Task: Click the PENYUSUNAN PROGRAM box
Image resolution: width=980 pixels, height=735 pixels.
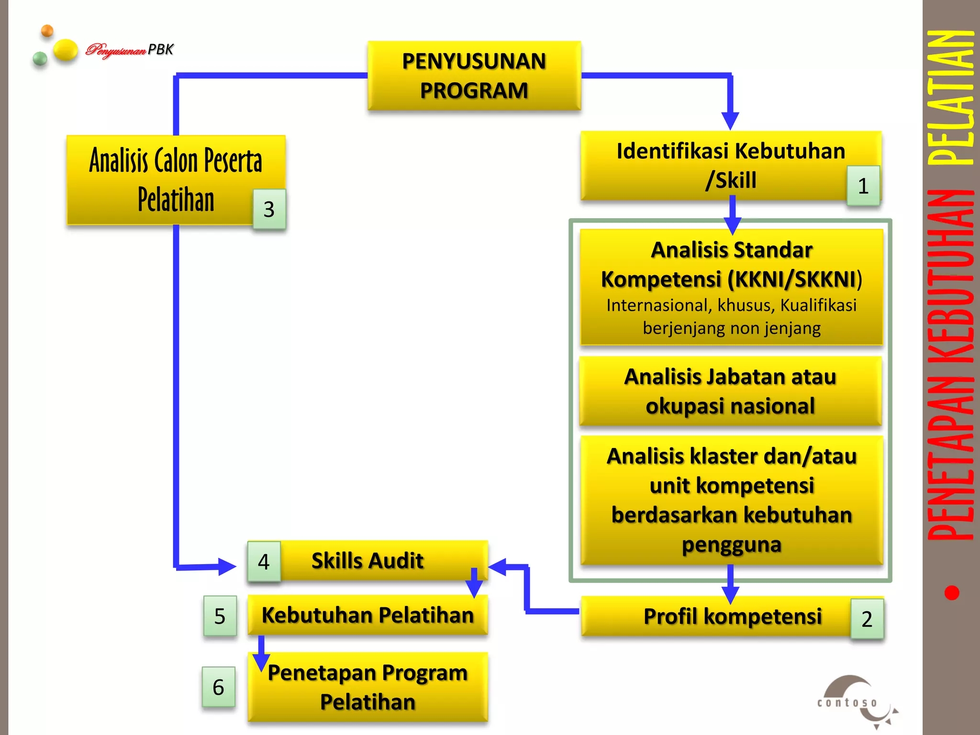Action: pyautogui.click(x=474, y=76)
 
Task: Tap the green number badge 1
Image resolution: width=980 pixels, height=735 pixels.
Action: pyautogui.click(x=863, y=186)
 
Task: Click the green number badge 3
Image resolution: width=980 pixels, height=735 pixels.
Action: pyautogui.click(x=269, y=209)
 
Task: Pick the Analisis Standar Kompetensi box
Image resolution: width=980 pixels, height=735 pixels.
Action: pyautogui.click(x=731, y=287)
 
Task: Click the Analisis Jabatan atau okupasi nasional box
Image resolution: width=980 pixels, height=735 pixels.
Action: pyautogui.click(x=730, y=391)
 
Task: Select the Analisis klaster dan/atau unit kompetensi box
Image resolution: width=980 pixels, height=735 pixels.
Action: pyautogui.click(x=731, y=500)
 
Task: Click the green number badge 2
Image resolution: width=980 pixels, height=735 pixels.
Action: pyautogui.click(x=867, y=619)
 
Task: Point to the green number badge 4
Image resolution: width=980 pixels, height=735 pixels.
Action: pyautogui.click(x=264, y=561)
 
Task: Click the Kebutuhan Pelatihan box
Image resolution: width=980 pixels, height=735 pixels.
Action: pyautogui.click(x=367, y=615)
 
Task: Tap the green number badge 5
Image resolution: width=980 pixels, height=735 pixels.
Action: pyautogui.click(x=220, y=616)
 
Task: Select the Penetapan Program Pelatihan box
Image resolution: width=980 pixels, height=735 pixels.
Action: pyautogui.click(x=367, y=687)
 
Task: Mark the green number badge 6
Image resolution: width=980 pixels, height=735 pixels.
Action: pyautogui.click(x=218, y=687)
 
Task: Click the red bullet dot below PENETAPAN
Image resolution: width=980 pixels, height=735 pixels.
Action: pyautogui.click(x=952, y=593)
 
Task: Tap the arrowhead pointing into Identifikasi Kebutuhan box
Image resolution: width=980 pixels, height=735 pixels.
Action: pyautogui.click(x=730, y=121)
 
